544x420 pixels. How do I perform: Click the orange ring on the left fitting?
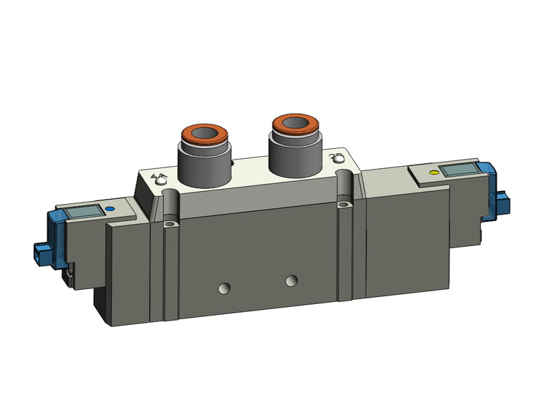(x=204, y=136)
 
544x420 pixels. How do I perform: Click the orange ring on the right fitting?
(x=293, y=123)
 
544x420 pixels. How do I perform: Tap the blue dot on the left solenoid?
(x=109, y=210)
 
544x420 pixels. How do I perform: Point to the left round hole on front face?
(x=225, y=289)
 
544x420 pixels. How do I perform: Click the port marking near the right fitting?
(x=334, y=157)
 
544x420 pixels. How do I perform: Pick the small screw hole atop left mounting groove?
(x=170, y=226)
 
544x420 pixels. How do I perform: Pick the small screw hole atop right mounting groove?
(x=346, y=206)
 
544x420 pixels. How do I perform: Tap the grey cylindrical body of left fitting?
(x=203, y=162)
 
